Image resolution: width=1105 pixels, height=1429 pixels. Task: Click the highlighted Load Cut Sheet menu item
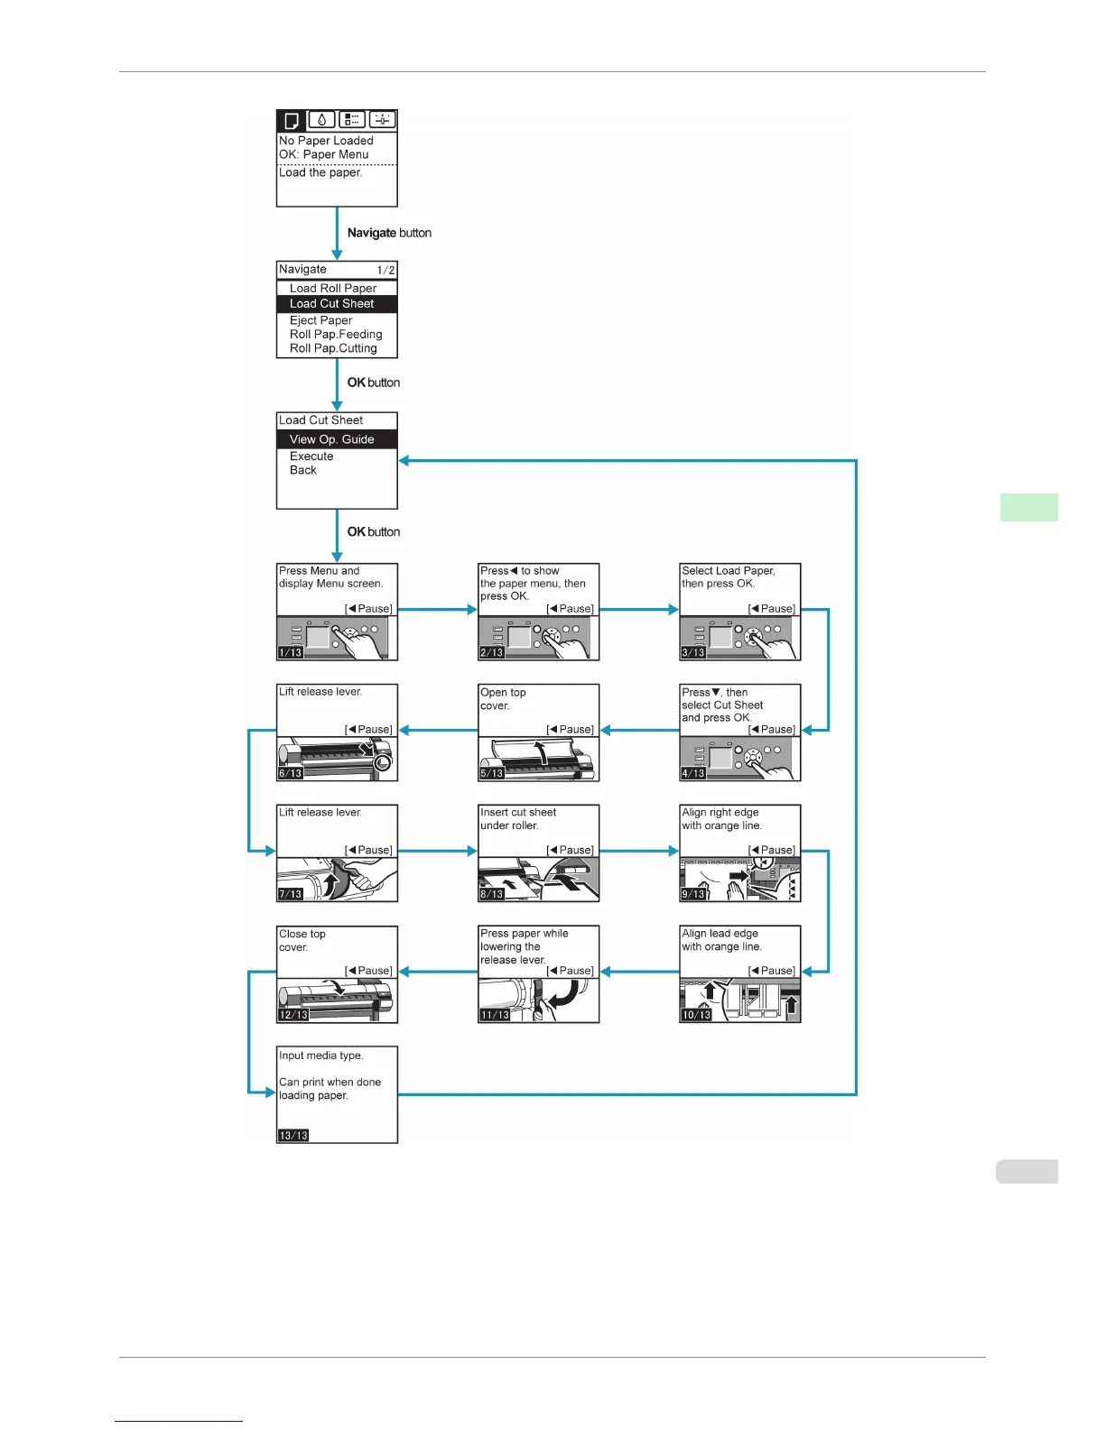click(x=331, y=304)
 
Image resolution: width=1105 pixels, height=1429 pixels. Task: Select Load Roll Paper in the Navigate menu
click(x=332, y=289)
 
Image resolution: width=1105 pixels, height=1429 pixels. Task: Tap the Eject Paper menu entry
click(x=320, y=320)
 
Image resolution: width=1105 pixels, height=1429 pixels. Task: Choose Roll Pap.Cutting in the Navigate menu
click(x=333, y=348)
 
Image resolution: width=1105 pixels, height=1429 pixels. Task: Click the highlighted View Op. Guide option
click(x=331, y=439)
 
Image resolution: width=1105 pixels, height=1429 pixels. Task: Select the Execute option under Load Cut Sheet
click(x=311, y=456)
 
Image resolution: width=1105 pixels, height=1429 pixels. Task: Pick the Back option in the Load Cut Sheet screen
click(x=303, y=470)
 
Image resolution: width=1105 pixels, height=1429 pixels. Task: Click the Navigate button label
click(x=389, y=233)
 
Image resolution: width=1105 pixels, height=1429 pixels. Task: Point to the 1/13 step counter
click(x=291, y=652)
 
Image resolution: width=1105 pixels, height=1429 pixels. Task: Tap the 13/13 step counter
click(x=293, y=1135)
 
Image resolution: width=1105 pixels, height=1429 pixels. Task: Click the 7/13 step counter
click(x=291, y=894)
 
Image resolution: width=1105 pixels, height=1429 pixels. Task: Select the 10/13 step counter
click(x=696, y=1015)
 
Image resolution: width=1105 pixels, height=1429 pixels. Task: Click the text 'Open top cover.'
click(x=503, y=699)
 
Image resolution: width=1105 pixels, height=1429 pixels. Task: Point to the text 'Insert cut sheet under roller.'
click(x=518, y=819)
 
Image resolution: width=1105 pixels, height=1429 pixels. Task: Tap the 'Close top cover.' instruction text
click(x=302, y=940)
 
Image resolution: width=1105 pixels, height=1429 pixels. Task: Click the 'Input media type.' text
click(x=321, y=1056)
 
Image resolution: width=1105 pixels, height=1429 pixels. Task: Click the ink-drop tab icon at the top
click(x=321, y=120)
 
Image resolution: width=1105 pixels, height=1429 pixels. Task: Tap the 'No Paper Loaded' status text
click(x=326, y=141)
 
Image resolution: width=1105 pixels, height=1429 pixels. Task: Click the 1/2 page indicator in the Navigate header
click(x=385, y=270)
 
